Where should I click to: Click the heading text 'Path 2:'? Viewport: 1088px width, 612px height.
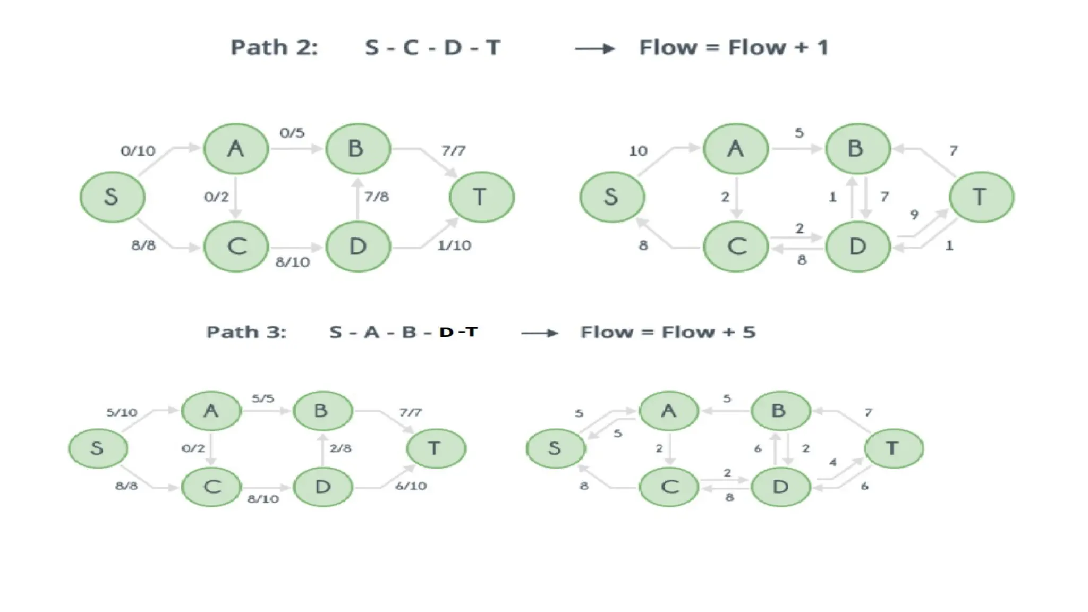coord(274,48)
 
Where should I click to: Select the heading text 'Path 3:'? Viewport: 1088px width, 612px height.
coord(246,333)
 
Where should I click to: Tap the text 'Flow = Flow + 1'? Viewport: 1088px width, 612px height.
coord(734,48)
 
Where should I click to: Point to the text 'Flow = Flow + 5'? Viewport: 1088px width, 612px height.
coord(668,333)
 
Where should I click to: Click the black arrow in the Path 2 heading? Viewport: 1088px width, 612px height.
coord(595,49)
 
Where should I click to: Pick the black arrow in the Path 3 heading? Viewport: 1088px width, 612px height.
coord(540,333)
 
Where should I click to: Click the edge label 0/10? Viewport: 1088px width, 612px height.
coord(138,151)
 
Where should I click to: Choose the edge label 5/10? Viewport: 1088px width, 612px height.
coord(122,412)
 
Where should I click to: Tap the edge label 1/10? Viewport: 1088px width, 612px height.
coord(454,245)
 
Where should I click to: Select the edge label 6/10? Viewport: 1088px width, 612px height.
coord(411,486)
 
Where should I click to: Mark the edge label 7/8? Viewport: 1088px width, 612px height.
coord(377,197)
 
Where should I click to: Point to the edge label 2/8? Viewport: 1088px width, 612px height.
coord(341,448)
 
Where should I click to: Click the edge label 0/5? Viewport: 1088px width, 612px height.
coord(292,133)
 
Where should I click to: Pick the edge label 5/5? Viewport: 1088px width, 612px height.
coord(263,398)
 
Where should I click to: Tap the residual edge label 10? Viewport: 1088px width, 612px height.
coord(638,151)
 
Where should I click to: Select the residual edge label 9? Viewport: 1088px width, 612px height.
coord(914,215)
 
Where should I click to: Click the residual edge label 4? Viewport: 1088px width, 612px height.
coord(833,462)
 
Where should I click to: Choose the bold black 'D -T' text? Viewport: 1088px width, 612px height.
coord(458,332)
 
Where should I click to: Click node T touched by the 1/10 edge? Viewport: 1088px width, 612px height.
coord(481,197)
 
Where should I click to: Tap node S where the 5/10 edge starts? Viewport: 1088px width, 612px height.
coord(98,448)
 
